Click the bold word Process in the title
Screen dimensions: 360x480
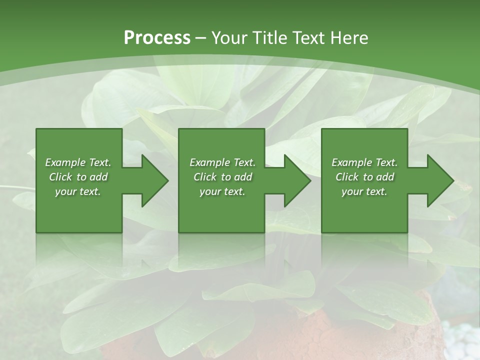157,38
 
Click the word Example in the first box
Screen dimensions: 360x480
65,162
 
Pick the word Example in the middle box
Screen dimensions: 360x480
209,162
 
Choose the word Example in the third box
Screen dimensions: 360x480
351,162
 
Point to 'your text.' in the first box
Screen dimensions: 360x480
78,191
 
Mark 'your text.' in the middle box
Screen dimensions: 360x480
222,191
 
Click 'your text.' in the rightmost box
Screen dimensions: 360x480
364,191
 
